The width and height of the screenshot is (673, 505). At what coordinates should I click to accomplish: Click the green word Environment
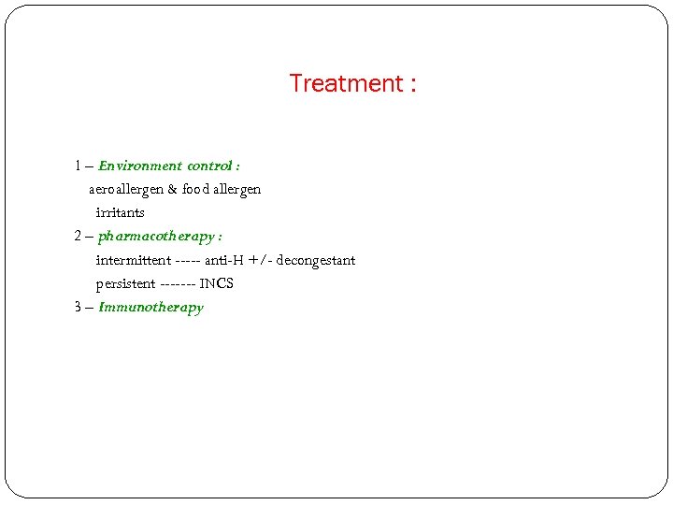139,166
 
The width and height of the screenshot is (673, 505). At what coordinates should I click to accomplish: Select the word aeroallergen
125,189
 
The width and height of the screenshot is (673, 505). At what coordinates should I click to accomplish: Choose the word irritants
120,212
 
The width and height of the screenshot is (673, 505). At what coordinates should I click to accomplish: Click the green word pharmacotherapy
155,237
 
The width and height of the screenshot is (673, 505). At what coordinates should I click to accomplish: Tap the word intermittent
133,260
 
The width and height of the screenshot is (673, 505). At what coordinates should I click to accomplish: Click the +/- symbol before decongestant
261,260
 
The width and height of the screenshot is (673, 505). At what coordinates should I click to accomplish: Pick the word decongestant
316,260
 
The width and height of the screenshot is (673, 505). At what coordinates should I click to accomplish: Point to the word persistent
125,283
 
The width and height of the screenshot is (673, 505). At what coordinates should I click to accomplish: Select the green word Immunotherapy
150,307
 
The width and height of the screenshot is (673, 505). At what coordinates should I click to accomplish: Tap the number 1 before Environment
79,166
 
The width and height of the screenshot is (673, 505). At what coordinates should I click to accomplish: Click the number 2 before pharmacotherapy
79,237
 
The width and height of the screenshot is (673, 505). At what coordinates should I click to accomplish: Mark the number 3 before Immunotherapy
79,307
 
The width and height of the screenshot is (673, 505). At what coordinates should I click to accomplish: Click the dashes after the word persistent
177,283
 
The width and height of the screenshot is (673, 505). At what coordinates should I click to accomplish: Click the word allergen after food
237,189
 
